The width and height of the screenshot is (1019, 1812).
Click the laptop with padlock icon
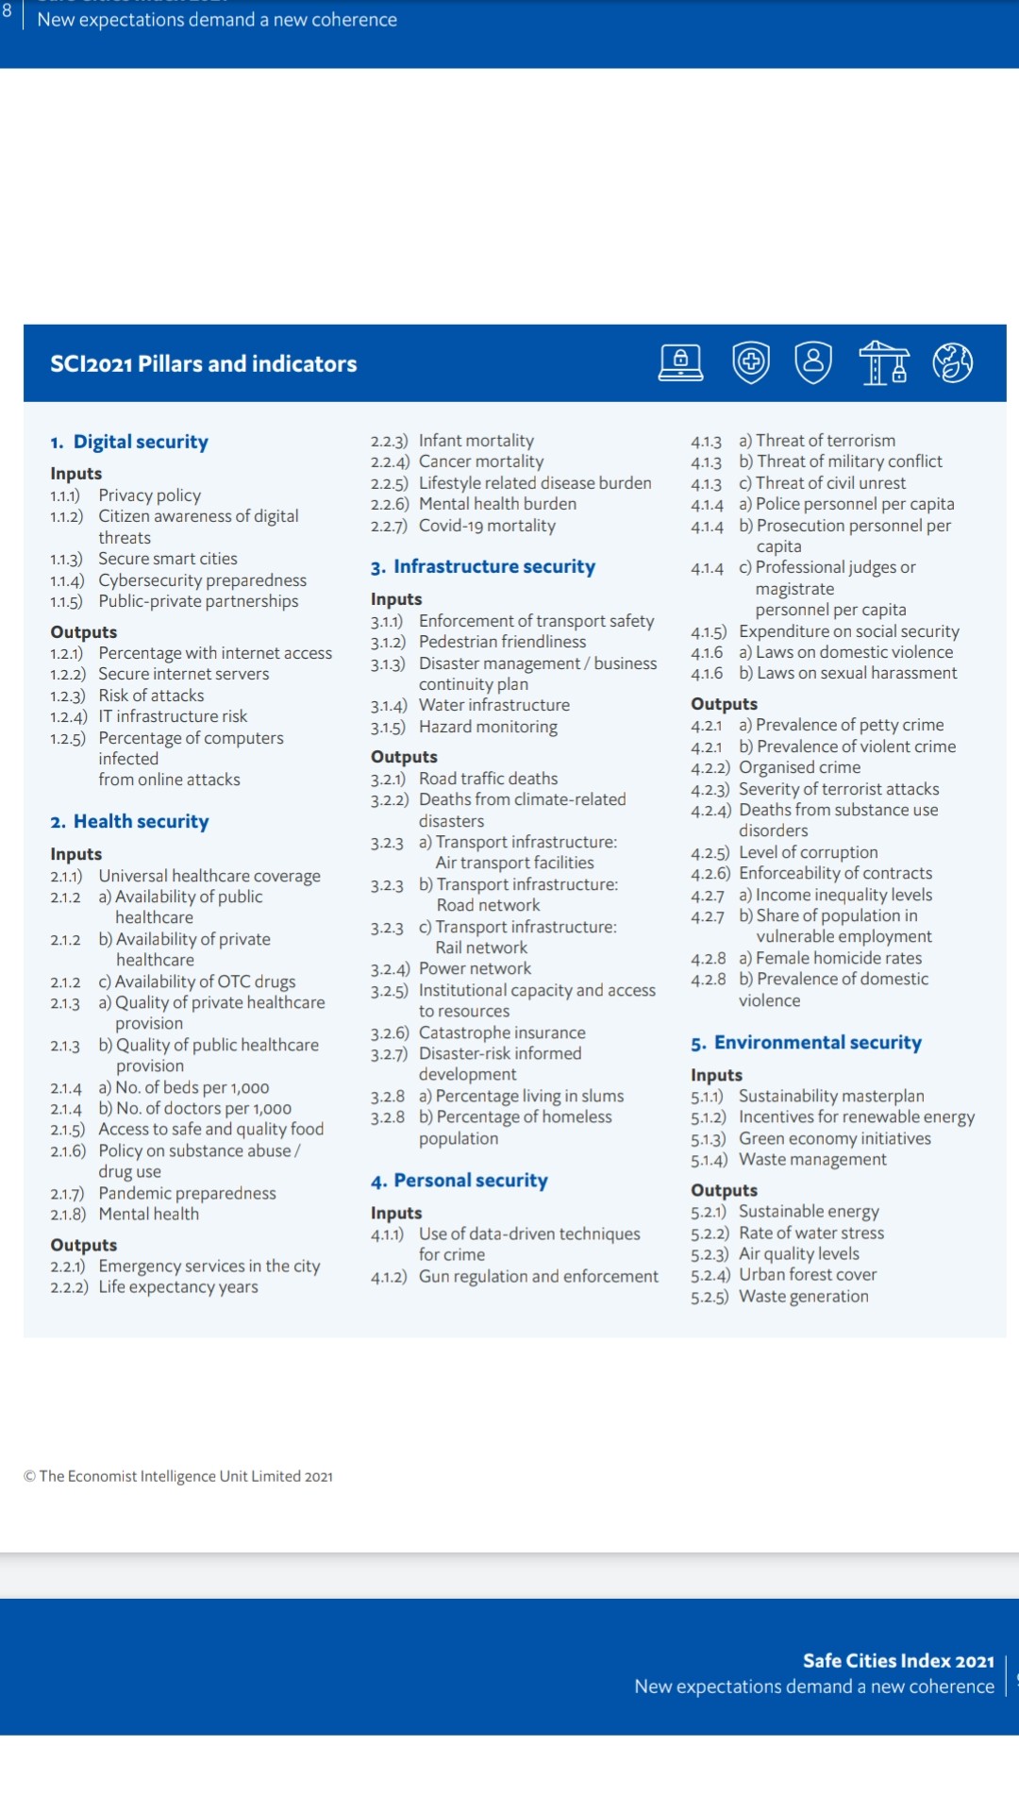click(x=680, y=362)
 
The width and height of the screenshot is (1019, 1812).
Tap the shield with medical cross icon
click(x=751, y=362)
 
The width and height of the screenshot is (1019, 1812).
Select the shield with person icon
click(x=813, y=362)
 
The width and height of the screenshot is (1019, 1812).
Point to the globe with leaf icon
click(x=952, y=362)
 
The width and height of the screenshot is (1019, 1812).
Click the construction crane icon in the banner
click(x=883, y=362)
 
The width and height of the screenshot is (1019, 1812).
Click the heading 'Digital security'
click(x=141, y=442)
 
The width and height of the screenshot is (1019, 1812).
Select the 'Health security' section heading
click(x=141, y=822)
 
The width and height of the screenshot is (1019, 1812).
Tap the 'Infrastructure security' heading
click(x=493, y=567)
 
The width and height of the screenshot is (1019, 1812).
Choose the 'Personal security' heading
click(x=470, y=1181)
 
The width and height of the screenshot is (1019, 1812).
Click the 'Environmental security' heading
click(x=817, y=1043)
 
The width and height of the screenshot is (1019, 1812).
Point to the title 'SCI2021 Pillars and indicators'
click(x=204, y=364)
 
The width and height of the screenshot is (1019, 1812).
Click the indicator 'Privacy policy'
click(x=149, y=495)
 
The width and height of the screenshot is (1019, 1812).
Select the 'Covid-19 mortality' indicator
click(x=487, y=526)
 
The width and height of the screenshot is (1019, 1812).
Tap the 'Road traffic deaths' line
click(x=488, y=779)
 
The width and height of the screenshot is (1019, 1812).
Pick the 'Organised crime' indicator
click(x=799, y=767)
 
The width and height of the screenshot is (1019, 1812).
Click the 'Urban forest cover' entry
click(x=808, y=1275)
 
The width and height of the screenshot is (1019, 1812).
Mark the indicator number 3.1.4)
click(x=389, y=706)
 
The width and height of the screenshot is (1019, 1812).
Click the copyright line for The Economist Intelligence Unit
click(x=178, y=1476)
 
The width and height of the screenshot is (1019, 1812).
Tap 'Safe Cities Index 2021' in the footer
click(x=898, y=1661)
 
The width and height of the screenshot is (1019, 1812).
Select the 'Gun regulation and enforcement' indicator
click(x=538, y=1277)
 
